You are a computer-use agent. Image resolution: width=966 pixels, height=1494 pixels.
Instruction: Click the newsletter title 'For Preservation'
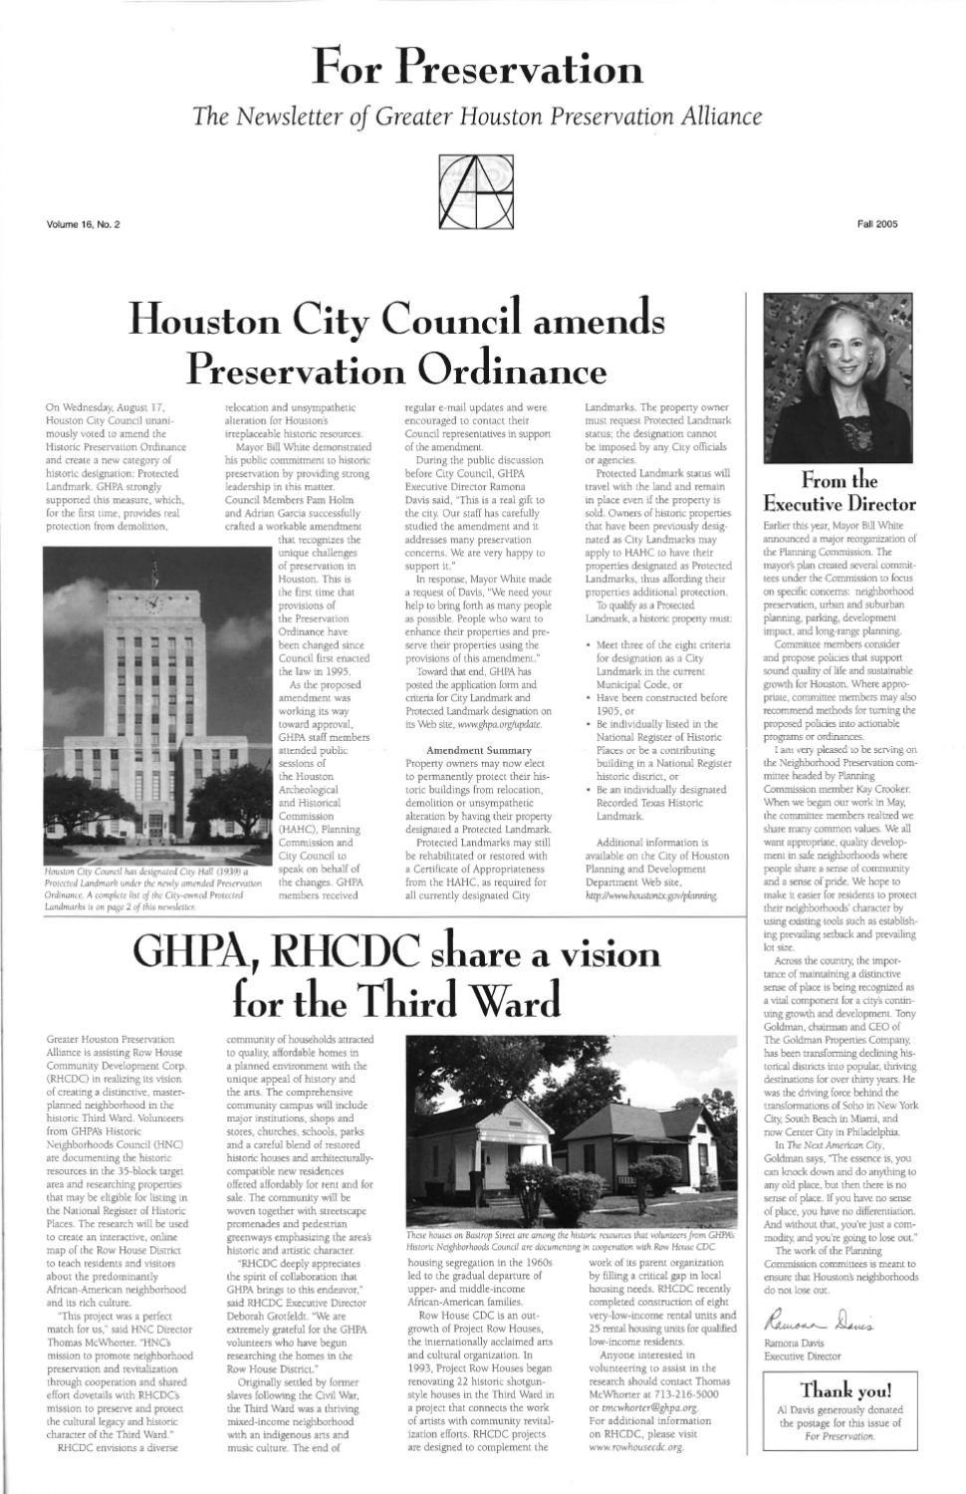click(477, 68)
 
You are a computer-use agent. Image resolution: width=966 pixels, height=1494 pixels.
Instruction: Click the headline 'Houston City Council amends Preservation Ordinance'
click(396, 344)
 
